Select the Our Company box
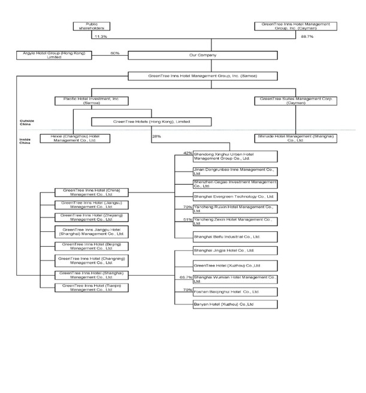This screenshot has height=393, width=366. tap(202, 55)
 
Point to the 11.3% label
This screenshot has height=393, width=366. tap(100, 36)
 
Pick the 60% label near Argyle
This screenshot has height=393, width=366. tap(114, 53)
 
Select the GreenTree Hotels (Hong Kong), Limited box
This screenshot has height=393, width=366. tap(151, 122)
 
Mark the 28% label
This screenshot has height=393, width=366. tap(157, 137)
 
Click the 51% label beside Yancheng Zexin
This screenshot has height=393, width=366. tap(187, 220)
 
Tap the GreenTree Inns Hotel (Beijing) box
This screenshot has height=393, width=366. tap(84, 246)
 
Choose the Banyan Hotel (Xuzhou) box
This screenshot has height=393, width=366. tap(226, 304)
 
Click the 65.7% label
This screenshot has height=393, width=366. tap(186, 277)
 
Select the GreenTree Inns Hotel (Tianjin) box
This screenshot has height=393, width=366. tap(84, 288)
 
